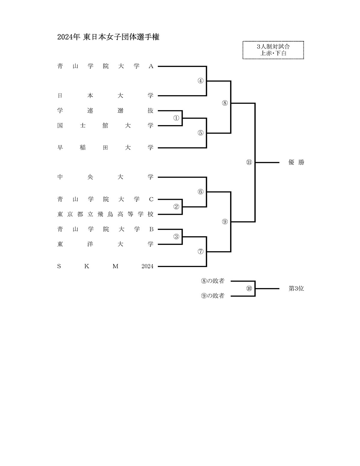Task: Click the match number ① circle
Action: point(176,118)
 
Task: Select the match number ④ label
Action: point(201,81)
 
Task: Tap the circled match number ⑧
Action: point(225,103)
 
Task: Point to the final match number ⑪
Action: point(249,162)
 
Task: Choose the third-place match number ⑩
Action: point(249,289)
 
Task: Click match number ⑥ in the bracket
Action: point(201,192)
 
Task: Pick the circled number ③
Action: point(176,237)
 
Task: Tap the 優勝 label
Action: point(296,162)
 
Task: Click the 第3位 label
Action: point(296,289)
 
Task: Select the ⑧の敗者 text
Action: point(213,281)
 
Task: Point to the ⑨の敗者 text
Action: point(213,296)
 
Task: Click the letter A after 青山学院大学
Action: point(151,66)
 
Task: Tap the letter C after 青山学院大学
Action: point(151,200)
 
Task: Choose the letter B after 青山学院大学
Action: point(151,230)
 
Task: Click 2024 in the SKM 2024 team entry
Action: point(147,266)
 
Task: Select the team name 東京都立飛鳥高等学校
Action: point(105,214)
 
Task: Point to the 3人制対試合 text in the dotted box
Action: point(273,47)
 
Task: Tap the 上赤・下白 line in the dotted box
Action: point(273,53)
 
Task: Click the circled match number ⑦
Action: point(201,251)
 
